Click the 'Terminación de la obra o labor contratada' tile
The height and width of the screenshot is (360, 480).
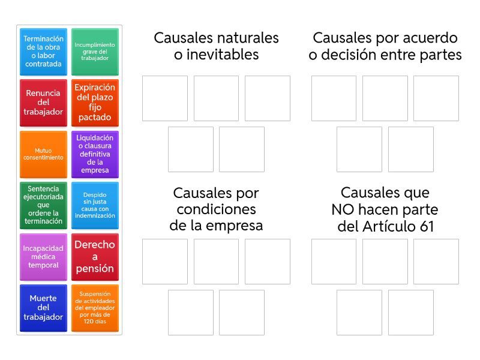[x=43, y=52]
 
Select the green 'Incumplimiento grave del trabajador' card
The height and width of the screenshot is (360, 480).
[x=95, y=52]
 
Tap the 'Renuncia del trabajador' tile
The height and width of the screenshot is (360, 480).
[x=43, y=103]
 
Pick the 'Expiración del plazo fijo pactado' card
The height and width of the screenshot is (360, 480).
[x=95, y=103]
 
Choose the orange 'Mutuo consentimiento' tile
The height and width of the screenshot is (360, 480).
[x=43, y=154]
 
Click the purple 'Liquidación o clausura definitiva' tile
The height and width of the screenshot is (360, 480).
[x=95, y=154]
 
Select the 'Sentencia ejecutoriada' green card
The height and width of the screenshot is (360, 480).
[x=43, y=205]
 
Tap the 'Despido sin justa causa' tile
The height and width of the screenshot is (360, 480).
[x=95, y=205]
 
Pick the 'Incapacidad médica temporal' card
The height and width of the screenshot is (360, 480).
[x=43, y=257]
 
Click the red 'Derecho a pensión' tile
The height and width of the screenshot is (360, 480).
[x=95, y=257]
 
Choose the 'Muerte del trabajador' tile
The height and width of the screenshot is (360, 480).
[x=43, y=308]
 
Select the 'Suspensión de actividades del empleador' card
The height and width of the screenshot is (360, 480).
[x=95, y=308]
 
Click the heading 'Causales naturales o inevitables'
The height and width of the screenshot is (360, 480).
[x=216, y=46]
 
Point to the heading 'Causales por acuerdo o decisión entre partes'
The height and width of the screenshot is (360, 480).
[x=385, y=46]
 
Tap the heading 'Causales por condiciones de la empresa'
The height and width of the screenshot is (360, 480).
[x=216, y=209]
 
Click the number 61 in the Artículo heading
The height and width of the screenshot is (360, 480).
[x=427, y=227]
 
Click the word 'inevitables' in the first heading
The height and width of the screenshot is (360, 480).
[x=223, y=55]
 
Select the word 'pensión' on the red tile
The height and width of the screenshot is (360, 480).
[x=95, y=268]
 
